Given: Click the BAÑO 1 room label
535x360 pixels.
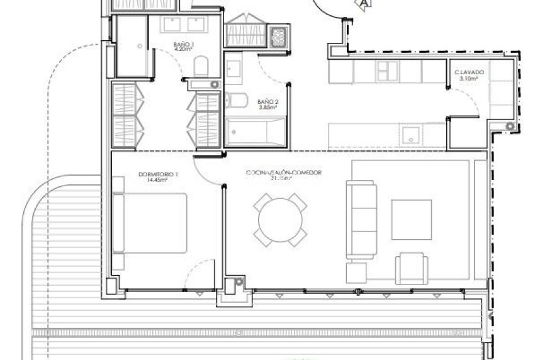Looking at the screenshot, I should click(x=184, y=44).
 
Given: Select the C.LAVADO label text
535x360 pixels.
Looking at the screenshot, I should click(x=469, y=73).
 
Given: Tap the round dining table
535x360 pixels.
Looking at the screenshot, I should click(x=280, y=220).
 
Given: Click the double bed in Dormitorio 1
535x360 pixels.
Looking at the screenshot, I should click(x=150, y=224).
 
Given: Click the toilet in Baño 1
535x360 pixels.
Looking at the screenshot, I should click(x=201, y=66).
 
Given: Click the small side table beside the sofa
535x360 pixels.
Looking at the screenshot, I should click(x=356, y=273).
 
